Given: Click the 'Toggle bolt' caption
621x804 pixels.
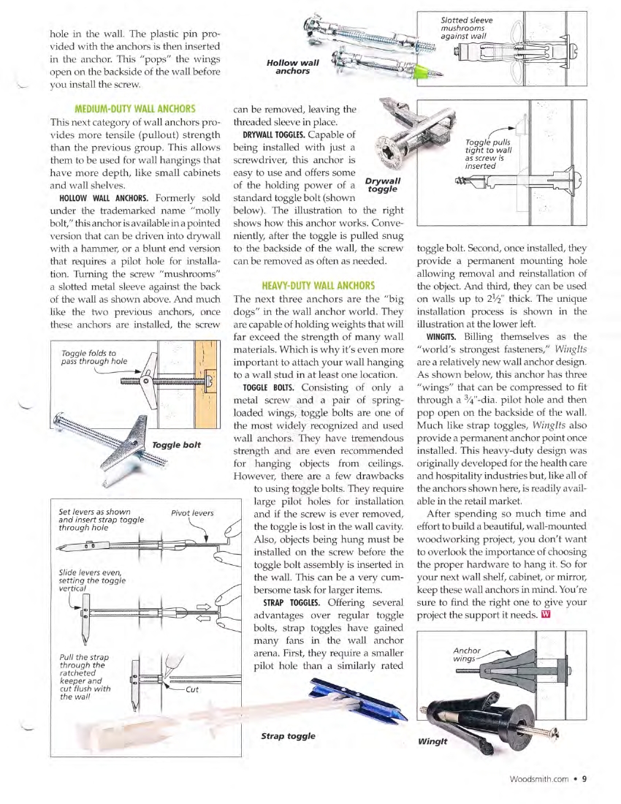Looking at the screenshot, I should coord(177,444).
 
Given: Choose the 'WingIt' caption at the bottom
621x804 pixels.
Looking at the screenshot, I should coord(433,741).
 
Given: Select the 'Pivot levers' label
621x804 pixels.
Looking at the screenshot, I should coord(191,513).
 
